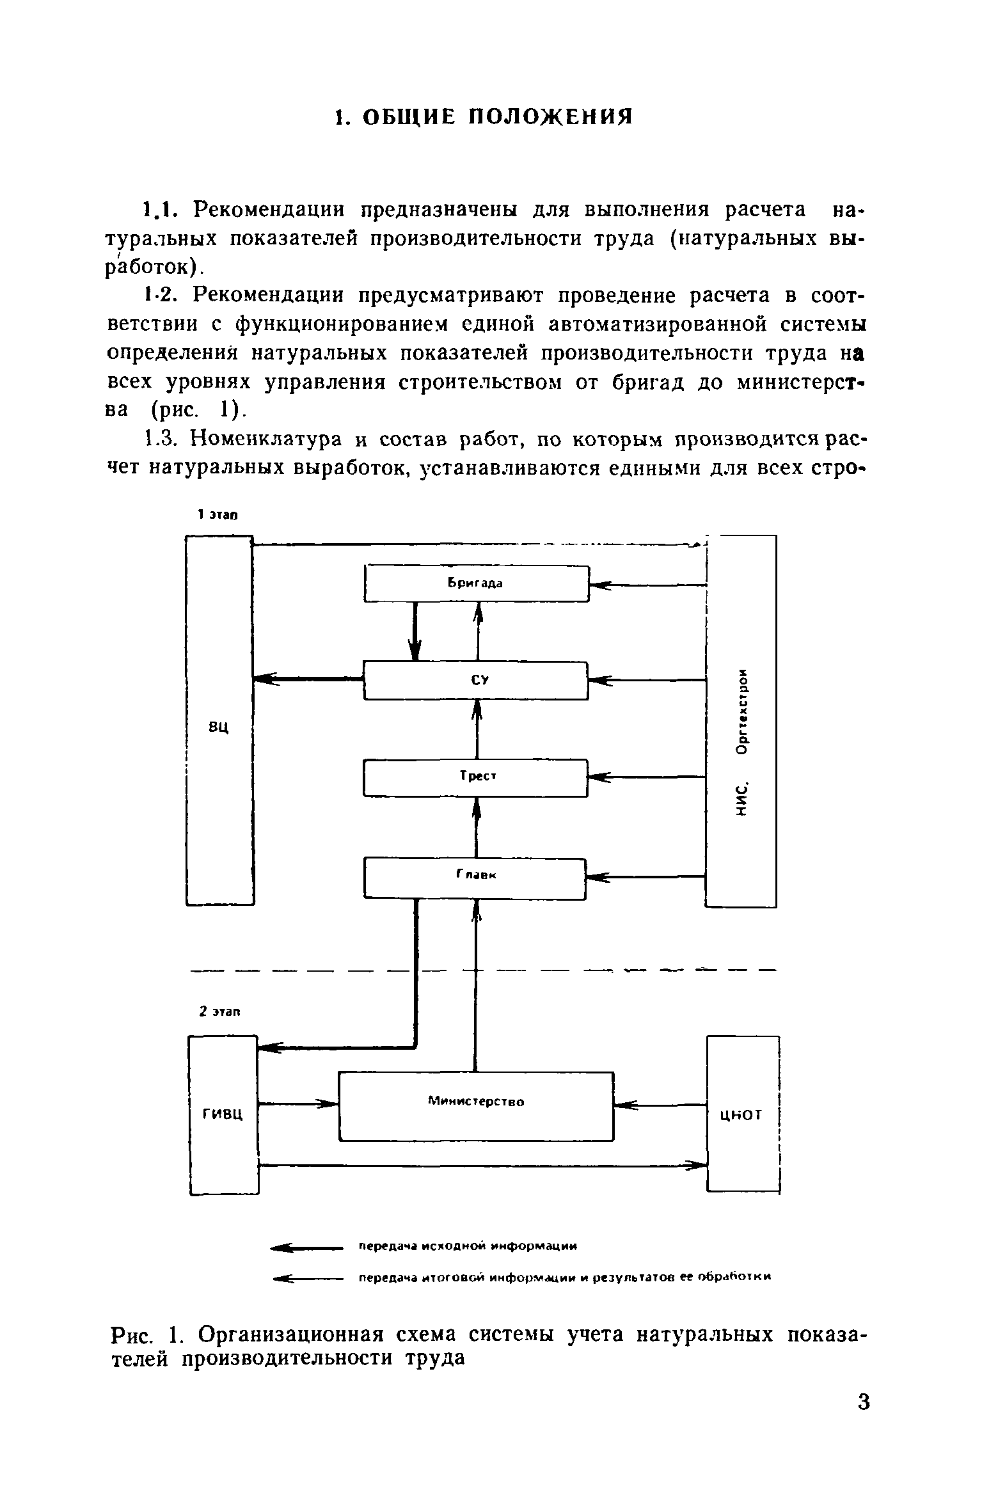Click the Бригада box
[475, 583]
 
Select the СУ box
[475, 681]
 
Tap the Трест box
[475, 777]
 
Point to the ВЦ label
[219, 727]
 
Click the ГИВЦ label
[223, 1115]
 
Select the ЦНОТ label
[741, 1115]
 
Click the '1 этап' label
[218, 514]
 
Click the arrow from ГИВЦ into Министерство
[298, 1103]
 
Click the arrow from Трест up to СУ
[477, 729]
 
